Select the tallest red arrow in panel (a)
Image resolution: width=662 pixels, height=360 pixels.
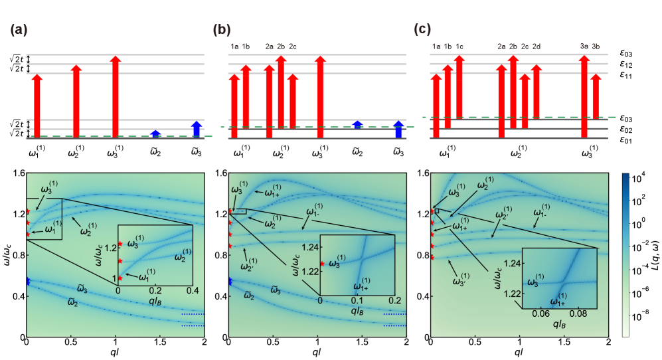[116, 97]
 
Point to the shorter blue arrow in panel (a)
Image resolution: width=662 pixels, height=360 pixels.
[155, 134]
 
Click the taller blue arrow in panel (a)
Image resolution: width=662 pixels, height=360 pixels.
[197, 129]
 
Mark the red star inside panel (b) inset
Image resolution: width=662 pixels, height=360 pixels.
[322, 264]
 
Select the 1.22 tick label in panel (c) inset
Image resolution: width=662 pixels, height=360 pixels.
[511, 293]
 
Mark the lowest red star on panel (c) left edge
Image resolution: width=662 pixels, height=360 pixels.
[432, 257]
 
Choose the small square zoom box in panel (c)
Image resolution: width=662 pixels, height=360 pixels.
[437, 211]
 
